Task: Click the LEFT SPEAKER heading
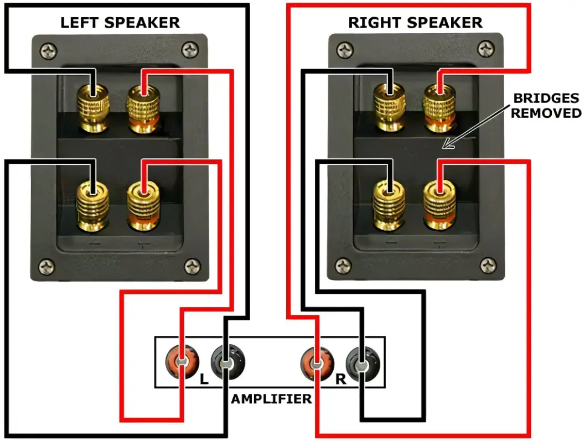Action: coord(120,23)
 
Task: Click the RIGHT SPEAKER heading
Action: coord(415,23)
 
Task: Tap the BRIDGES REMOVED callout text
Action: coord(546,106)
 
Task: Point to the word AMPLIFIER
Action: coord(271,399)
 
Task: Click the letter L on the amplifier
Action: coord(203,380)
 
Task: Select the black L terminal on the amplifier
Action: coord(226,363)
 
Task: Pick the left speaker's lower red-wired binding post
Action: coord(143,206)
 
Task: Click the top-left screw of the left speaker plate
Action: coord(49,53)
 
